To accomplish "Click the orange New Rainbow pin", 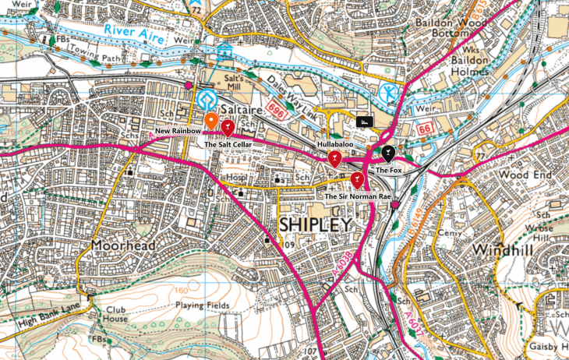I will coord(211,121).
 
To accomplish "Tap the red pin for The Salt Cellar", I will coord(228,127).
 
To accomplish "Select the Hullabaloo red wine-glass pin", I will coord(334,159).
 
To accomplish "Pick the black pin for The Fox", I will coord(388,154).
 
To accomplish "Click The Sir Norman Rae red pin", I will coord(357,181).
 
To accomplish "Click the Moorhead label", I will coord(122,245).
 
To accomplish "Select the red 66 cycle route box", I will coord(424,127).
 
